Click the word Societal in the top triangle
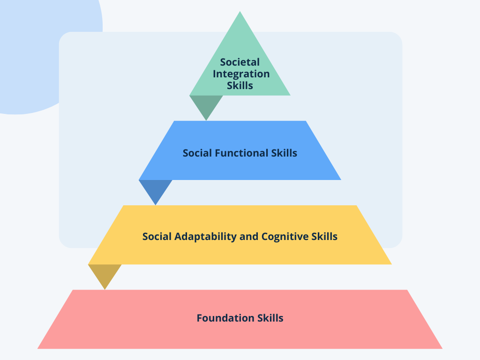pos(240,62)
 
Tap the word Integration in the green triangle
pos(241,74)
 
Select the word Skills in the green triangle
pos(240,85)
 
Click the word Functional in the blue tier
pos(242,153)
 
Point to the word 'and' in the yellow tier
pos(248,236)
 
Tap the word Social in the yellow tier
pos(157,236)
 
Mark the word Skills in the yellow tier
pos(324,236)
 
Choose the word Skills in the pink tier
pos(270,318)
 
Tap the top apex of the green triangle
pos(240,12)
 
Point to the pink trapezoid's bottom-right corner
pos(441,348)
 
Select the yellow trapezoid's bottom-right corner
pos(390,263)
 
